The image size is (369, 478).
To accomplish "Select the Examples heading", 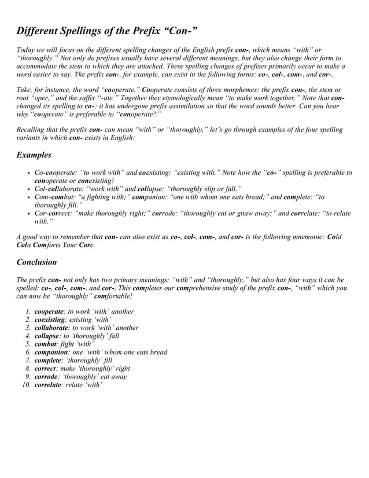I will point(34,155).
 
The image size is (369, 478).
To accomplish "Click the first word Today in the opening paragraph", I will point(27,50).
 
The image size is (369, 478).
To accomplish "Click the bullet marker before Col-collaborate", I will point(29,189).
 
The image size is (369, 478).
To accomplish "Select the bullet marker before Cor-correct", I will point(29,214).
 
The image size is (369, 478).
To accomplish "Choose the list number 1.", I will point(27,311).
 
